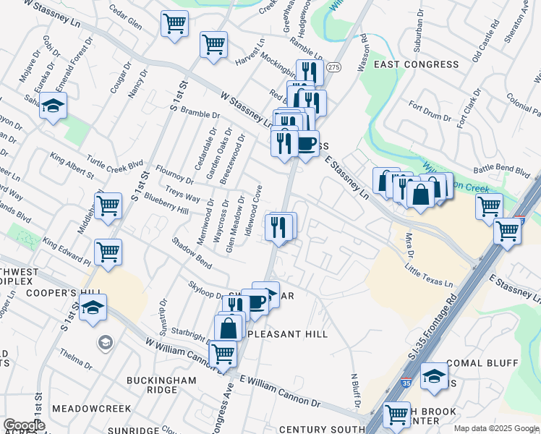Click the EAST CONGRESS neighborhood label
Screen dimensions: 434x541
point(416,64)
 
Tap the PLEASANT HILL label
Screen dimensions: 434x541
point(288,334)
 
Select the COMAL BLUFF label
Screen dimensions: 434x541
point(482,363)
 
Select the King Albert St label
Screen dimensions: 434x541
point(72,166)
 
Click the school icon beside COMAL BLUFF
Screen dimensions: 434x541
point(434,376)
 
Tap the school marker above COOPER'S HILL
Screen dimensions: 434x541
point(93,307)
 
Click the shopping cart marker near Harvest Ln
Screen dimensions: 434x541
point(214,45)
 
